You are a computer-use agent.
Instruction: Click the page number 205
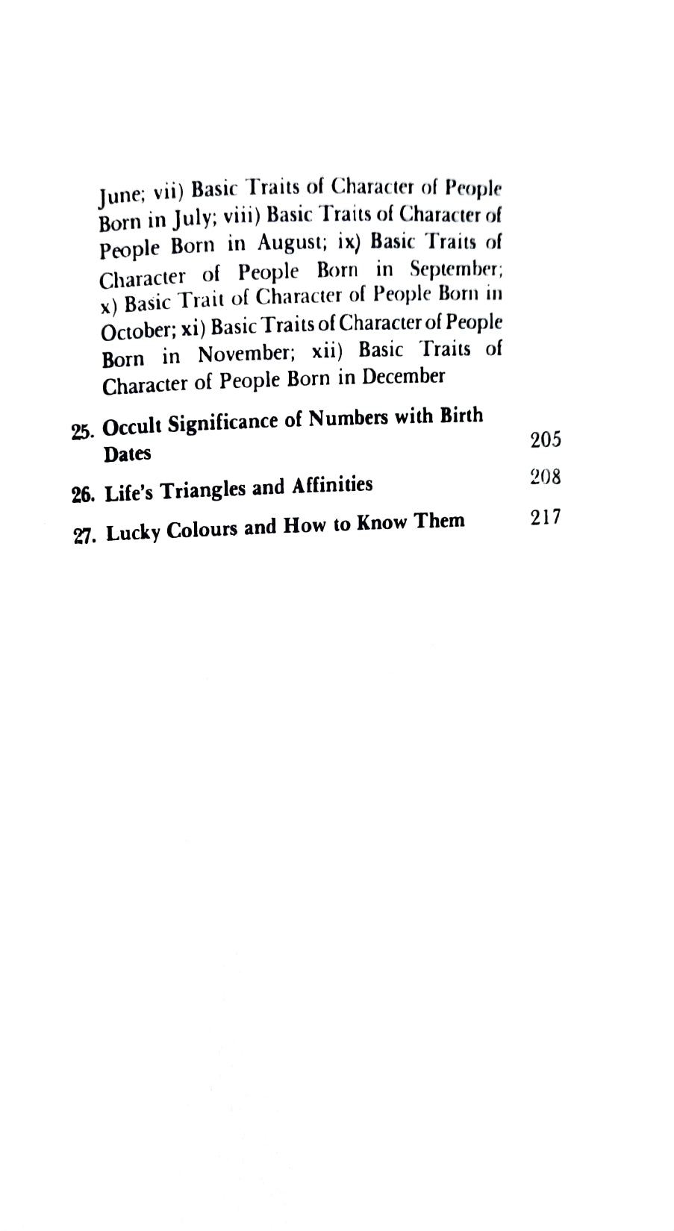[x=545, y=440]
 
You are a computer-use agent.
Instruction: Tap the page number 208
[x=545, y=477]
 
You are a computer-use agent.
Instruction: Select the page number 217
[x=546, y=517]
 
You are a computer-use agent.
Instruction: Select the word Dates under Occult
[x=127, y=454]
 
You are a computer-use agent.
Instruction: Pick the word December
[x=403, y=377]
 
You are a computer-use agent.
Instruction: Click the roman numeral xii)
[x=326, y=350]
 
